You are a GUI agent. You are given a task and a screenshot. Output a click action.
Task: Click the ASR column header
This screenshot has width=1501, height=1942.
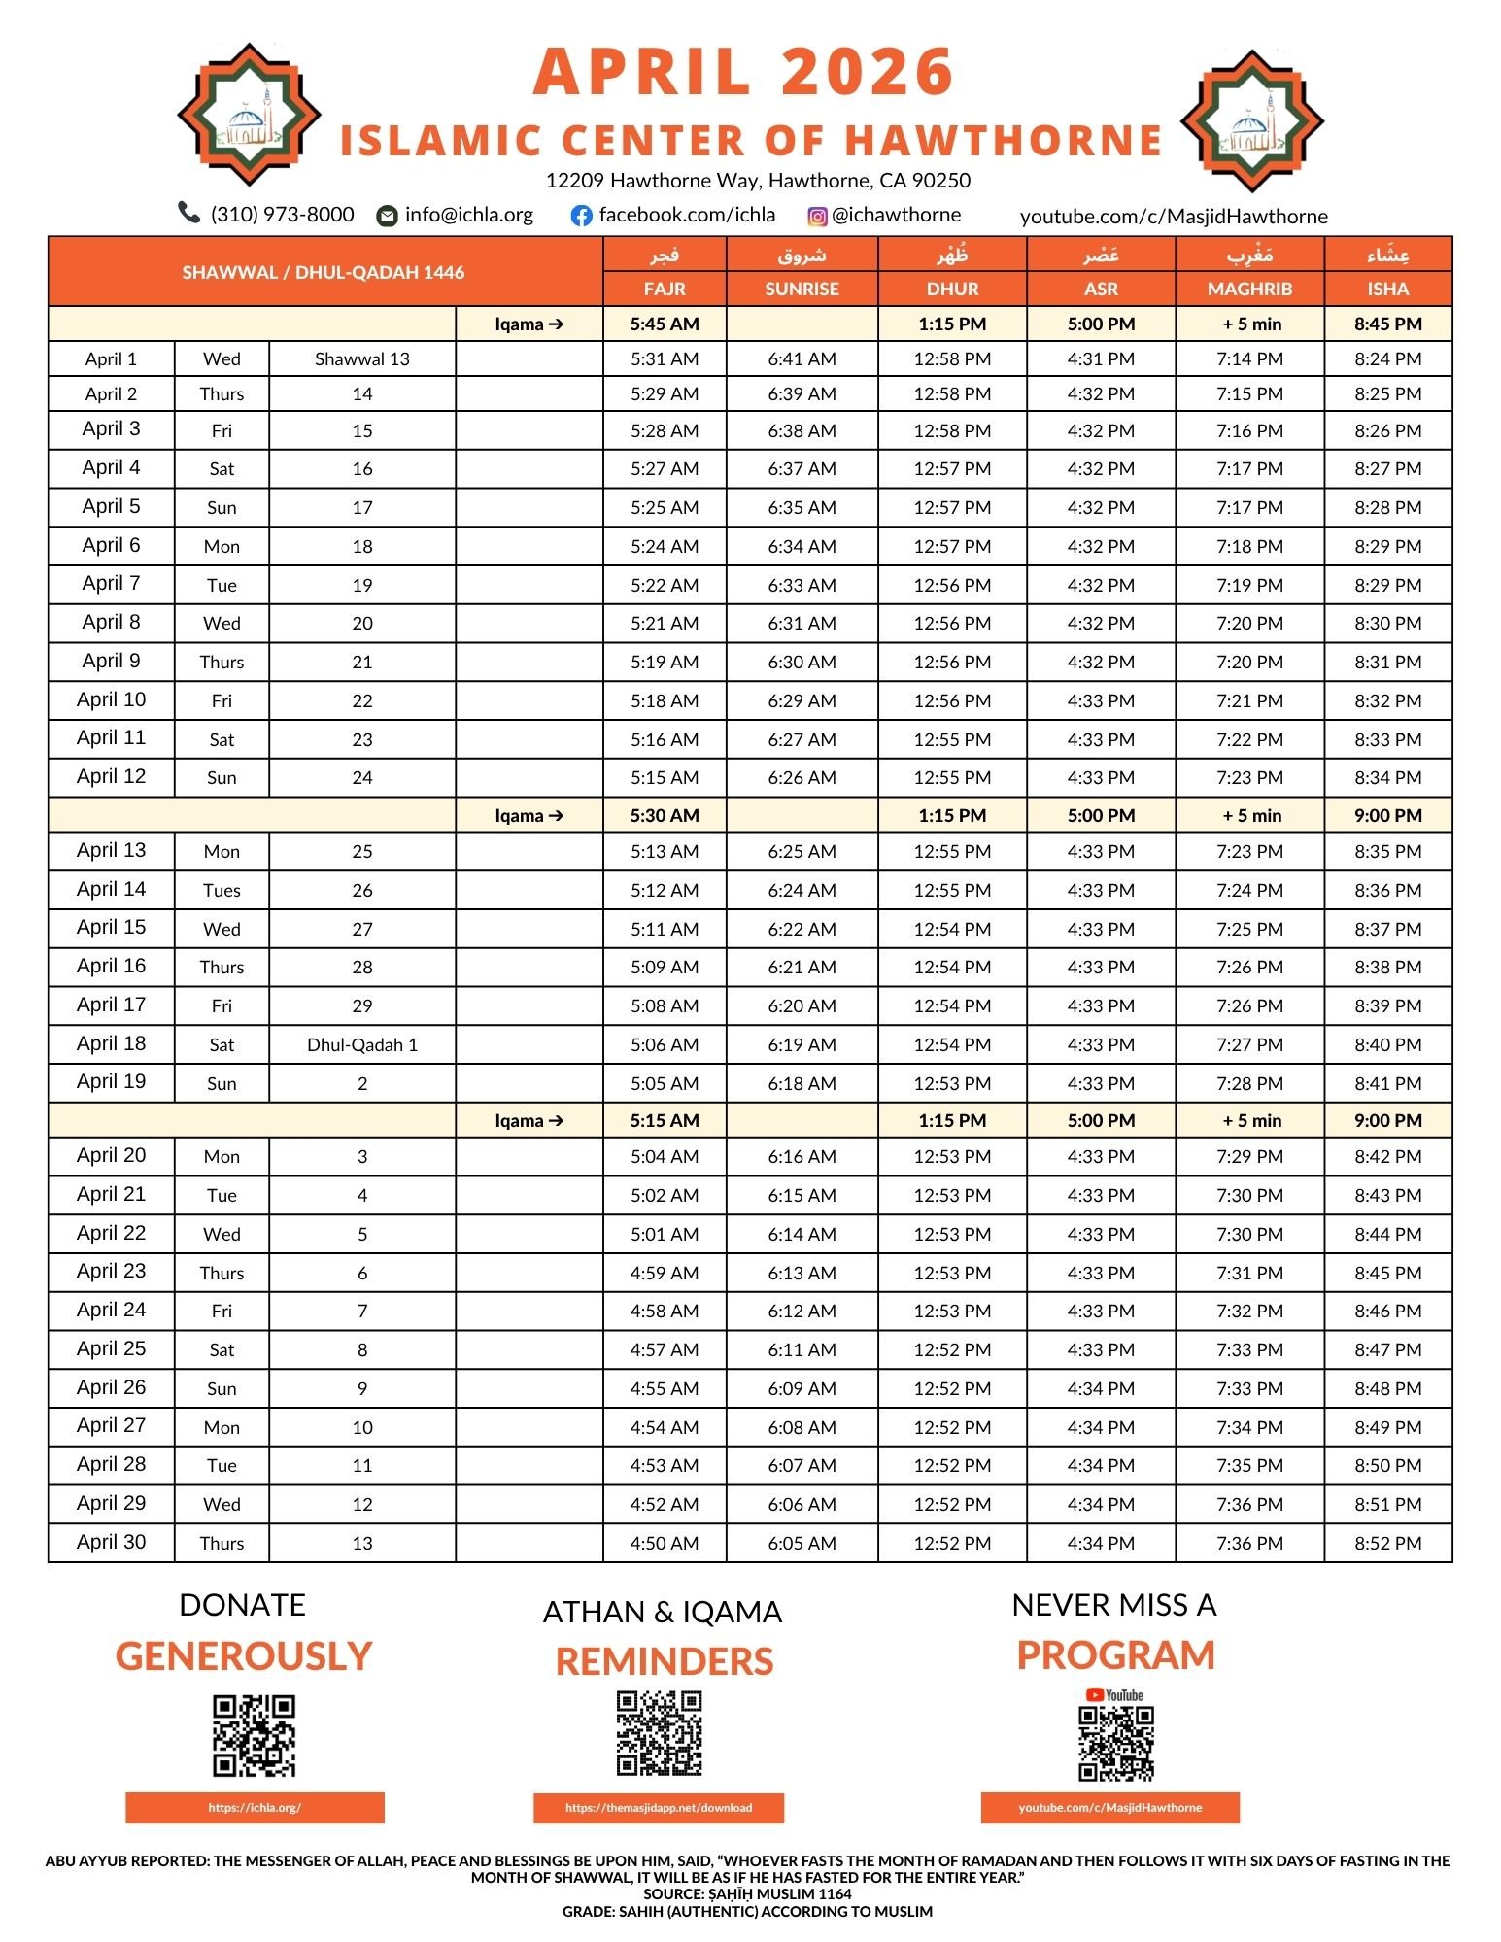pos(1101,289)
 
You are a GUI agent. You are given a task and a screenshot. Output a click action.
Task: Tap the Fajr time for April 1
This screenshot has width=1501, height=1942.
pos(665,358)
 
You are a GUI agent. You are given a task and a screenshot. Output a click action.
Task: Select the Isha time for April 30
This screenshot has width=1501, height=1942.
pos(1387,1543)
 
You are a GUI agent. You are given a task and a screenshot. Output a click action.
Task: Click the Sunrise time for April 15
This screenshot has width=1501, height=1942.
pos(802,929)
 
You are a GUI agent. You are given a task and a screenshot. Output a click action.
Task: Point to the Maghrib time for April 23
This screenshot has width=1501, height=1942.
pos(1249,1273)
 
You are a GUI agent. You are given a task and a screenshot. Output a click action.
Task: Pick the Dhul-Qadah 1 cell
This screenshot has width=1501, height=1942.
pos(362,1044)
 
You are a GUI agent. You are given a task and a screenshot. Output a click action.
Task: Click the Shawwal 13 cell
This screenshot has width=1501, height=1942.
pos(362,358)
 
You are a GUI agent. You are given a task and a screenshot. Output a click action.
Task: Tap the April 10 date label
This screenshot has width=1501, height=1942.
pos(111,699)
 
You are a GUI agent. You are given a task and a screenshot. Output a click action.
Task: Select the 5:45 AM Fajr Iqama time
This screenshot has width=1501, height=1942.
pos(665,324)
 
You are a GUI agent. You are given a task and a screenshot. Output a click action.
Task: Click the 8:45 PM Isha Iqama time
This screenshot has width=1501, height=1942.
pos(1387,324)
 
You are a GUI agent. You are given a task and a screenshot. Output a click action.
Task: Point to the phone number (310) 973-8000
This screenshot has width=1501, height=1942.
pos(282,214)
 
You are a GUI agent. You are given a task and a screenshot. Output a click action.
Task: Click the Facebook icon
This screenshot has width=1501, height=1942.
pos(581,216)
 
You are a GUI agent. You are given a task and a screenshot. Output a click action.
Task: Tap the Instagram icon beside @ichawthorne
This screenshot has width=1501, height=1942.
pos(818,217)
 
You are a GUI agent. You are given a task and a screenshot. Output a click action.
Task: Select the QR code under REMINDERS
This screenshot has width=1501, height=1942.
pos(659,1733)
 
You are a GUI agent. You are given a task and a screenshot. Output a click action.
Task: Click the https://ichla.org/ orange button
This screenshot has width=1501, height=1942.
pos(255,1808)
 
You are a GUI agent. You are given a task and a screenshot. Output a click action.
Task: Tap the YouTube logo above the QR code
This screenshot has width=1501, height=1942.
pos(1114,1695)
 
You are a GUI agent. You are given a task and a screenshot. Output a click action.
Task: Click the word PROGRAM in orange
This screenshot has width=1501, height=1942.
pos(1115,1655)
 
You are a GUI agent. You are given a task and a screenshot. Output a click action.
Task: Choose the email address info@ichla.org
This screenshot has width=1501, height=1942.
pos(469,214)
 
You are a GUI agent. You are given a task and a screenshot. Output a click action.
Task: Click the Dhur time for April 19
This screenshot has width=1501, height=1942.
pos(952,1083)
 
